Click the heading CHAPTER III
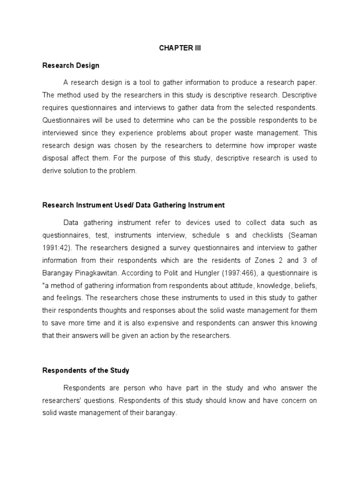click(x=180, y=48)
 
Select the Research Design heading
click(x=71, y=65)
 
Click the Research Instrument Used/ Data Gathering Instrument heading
click(x=134, y=205)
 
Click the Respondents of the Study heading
click(x=86, y=370)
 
